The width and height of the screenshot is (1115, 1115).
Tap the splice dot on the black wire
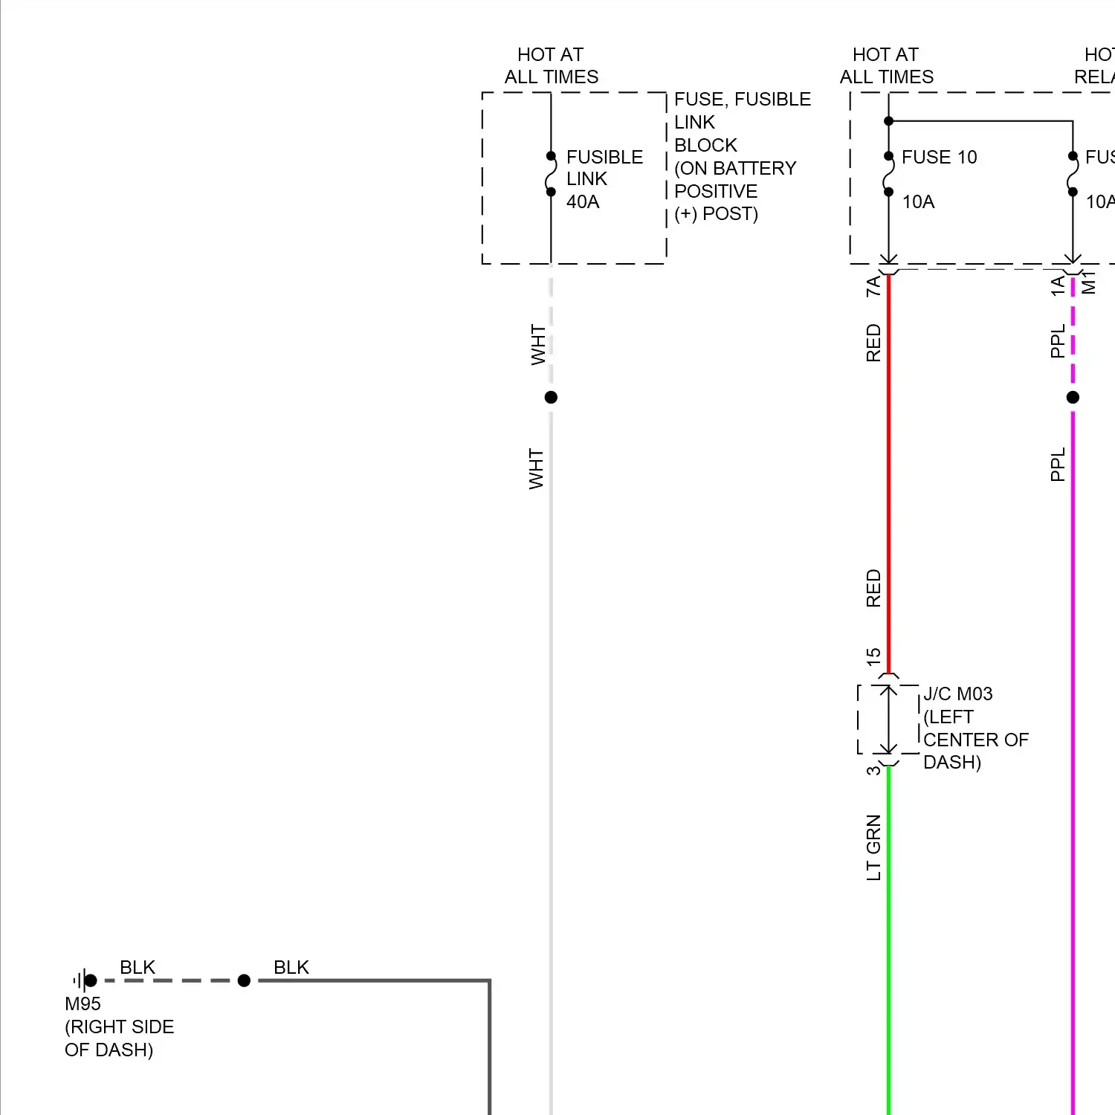(244, 980)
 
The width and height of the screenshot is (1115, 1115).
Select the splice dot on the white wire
(551, 397)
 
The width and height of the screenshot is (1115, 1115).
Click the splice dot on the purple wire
(1073, 397)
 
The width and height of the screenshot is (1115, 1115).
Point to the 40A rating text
(583, 201)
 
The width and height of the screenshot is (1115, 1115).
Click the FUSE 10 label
(939, 157)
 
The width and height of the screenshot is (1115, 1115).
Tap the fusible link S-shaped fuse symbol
(551, 175)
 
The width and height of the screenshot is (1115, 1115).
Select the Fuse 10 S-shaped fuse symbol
(888, 175)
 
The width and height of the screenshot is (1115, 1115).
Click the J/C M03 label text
(957, 694)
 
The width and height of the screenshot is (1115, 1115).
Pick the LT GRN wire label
(873, 847)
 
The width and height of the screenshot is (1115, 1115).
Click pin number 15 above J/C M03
(873, 656)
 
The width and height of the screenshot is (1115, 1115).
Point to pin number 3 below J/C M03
(873, 770)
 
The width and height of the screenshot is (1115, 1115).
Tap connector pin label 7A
(873, 286)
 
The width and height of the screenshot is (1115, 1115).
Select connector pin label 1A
(1057, 286)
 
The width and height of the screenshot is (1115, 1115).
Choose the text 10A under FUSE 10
(918, 201)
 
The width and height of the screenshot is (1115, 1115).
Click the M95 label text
(83, 1003)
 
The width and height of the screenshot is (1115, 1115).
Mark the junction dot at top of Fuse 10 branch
(888, 120)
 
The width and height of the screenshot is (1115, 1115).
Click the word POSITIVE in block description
(716, 191)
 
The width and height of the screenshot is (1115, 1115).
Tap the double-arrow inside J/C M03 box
(888, 720)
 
